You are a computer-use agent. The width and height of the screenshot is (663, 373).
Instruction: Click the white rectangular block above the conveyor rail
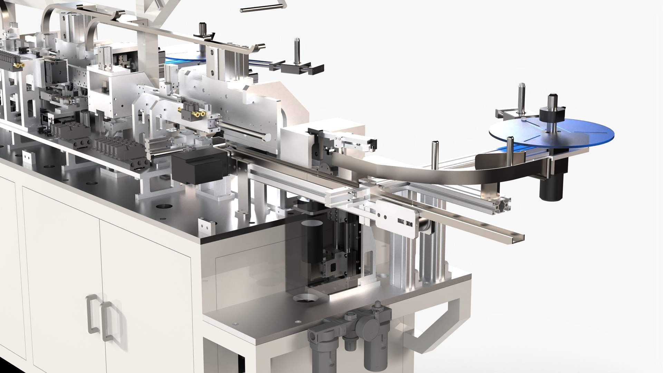tap(297, 142)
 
